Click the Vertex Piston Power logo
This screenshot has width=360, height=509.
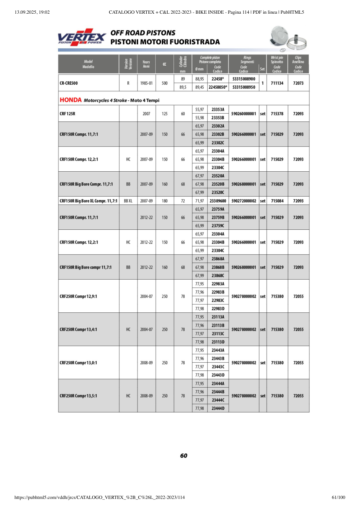pos(82,37)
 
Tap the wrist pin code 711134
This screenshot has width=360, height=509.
pos(277,83)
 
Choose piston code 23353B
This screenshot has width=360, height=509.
pos(218,118)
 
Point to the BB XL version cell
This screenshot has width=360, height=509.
pos(128,201)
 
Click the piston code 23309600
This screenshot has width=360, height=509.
pos(218,201)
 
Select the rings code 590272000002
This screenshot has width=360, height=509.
pos(244,201)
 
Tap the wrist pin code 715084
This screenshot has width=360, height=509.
pos(277,201)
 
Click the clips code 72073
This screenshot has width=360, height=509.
pos(298,83)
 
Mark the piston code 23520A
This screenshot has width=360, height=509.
pos(218,176)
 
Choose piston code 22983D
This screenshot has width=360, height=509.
pos(218,309)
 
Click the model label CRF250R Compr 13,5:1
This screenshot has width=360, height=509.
pos(79,396)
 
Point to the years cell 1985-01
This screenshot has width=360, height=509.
pos(146,83)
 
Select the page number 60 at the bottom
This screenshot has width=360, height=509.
pos(184,456)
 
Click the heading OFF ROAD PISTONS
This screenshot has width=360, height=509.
pos(143,33)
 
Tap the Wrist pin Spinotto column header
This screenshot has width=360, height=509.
pos(277,60)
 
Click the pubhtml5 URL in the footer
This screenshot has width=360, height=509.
pos(100,498)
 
